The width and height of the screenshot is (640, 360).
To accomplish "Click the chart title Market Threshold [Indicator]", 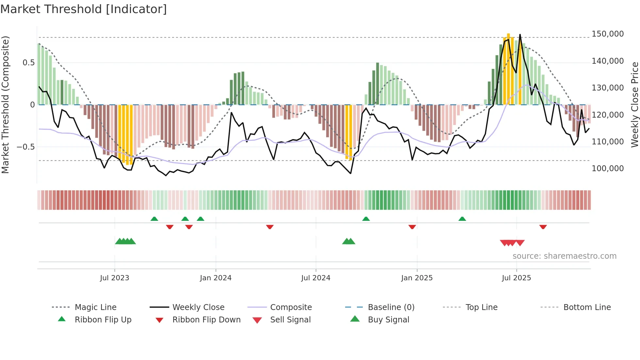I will point(84,9).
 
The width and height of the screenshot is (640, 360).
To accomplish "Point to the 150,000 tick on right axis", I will point(607,34).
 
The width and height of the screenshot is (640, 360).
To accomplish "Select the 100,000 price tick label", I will point(607,169).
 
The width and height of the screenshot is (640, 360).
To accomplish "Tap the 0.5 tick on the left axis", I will point(29,63).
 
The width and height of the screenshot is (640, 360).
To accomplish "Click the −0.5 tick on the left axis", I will point(26,147).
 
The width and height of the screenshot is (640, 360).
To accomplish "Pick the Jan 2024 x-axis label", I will point(216,278).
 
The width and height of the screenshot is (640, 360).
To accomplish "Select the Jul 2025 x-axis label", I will point(516,278).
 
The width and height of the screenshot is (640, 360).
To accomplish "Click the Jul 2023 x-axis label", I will point(115,278).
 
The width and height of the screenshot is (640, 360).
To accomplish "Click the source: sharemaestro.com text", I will point(564,256).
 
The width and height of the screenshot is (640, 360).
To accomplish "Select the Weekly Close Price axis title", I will point(634,105).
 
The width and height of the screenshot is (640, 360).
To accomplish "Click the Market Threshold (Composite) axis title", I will point(5,105).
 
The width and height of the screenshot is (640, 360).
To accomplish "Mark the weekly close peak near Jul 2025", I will point(520,35).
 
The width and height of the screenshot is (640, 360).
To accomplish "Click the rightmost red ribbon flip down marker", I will point(543,227).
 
